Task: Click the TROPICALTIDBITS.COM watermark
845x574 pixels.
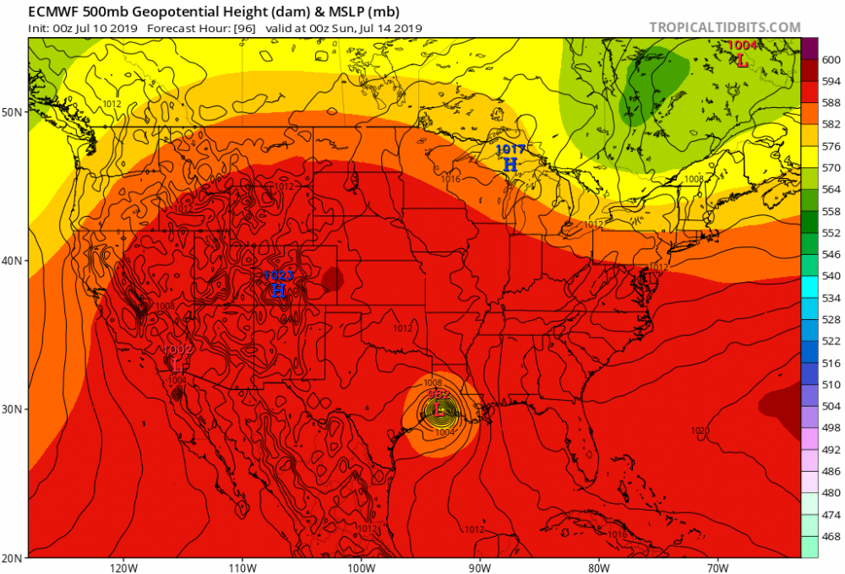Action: point(724,27)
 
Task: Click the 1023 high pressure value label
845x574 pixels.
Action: point(278,275)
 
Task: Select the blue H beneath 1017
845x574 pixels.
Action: point(510,165)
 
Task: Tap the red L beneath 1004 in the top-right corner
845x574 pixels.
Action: point(742,61)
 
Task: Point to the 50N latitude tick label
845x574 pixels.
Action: point(14,112)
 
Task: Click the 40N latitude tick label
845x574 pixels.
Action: point(14,261)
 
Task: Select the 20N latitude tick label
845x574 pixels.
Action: point(14,558)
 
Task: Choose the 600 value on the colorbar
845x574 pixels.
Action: point(831,60)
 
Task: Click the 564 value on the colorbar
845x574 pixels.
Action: point(831,189)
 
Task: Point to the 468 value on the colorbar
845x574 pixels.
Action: point(831,536)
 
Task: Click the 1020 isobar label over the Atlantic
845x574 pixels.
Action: point(700,430)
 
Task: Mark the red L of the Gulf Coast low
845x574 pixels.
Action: point(439,411)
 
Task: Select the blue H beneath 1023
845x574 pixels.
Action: point(278,291)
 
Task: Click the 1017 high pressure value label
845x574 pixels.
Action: point(510,149)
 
